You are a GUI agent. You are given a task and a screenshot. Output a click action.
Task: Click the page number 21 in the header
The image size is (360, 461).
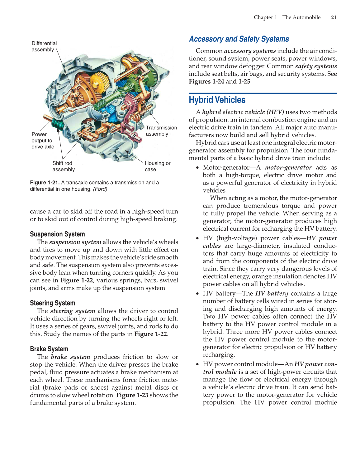tap(334, 17)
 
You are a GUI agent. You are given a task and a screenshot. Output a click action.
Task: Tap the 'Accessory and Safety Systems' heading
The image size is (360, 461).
tap(239, 39)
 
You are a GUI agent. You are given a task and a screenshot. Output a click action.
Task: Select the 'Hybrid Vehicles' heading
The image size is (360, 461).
tap(217, 100)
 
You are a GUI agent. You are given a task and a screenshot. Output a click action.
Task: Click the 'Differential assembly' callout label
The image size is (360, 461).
tap(44, 46)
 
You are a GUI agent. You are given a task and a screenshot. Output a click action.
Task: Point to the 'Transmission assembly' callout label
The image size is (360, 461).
tap(161, 131)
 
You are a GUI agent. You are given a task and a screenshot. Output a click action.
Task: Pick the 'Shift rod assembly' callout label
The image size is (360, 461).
tap(64, 166)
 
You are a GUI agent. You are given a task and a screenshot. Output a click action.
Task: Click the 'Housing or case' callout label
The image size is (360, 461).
tap(157, 166)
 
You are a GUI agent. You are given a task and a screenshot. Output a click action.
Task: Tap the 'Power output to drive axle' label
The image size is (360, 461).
tap(43, 141)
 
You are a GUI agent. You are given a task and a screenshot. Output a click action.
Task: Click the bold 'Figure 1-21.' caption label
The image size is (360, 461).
tap(45, 183)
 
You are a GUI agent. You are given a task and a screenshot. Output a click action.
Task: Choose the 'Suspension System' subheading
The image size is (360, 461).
tap(57, 234)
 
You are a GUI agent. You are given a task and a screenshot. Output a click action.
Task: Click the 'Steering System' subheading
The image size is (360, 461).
tap(52, 303)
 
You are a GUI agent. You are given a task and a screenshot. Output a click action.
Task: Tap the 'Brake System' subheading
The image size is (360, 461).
tap(49, 349)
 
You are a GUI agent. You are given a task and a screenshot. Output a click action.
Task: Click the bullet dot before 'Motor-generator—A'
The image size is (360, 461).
tap(197, 168)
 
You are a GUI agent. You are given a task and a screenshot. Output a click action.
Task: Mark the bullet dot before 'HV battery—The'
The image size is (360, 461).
tap(197, 294)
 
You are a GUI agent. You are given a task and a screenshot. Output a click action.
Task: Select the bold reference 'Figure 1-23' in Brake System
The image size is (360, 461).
tap(132, 395)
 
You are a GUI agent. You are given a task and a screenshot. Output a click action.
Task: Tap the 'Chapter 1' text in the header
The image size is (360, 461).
tap(265, 17)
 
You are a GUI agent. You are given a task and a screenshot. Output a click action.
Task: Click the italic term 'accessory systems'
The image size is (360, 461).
tap(250, 51)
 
